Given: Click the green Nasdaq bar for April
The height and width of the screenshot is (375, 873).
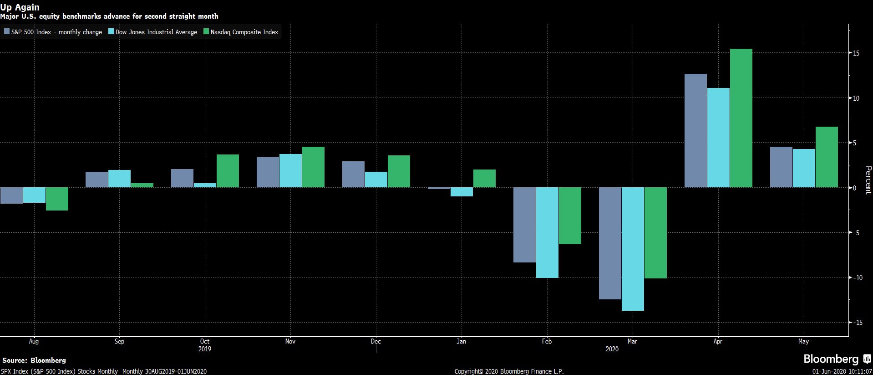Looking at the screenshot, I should (x=741, y=118).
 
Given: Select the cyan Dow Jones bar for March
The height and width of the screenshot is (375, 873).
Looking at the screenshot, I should (x=633, y=249).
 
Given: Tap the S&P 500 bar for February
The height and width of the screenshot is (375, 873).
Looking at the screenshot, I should (x=524, y=225).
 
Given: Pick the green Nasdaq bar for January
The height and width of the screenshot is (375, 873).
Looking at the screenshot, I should (x=484, y=179).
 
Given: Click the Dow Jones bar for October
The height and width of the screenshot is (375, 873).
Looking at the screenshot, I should (x=205, y=185).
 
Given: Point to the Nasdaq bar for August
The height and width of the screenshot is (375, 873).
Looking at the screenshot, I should (x=57, y=199).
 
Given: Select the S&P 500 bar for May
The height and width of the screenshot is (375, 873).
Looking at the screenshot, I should (x=781, y=167).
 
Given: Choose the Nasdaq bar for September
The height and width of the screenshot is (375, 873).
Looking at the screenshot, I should (x=142, y=185).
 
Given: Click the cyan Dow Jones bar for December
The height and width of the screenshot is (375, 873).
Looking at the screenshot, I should (x=376, y=180).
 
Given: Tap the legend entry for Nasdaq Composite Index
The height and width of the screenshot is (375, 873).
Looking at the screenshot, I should (x=241, y=32).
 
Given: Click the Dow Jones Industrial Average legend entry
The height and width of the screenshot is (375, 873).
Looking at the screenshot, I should (x=153, y=32).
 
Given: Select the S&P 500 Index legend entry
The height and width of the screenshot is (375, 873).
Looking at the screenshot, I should (x=53, y=32).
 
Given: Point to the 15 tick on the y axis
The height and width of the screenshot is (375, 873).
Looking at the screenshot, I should (x=856, y=53).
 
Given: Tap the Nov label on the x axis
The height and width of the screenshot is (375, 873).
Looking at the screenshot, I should (x=290, y=341).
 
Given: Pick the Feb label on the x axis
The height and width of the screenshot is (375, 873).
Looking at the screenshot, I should (x=547, y=341).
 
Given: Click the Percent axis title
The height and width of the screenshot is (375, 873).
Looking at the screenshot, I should (x=868, y=180).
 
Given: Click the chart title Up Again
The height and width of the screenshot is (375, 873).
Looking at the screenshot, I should (x=20, y=7).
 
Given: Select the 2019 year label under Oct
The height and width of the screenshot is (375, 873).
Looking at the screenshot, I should (x=205, y=349).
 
